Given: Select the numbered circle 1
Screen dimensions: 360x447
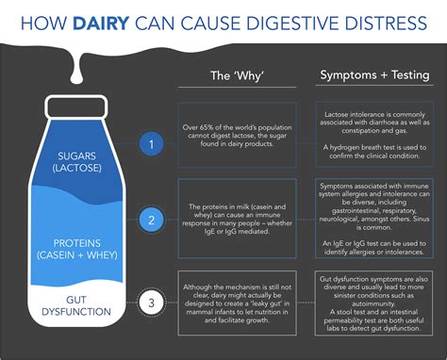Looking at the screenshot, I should tap(146, 144).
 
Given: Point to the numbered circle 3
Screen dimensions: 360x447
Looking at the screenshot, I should tap(146, 303).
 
